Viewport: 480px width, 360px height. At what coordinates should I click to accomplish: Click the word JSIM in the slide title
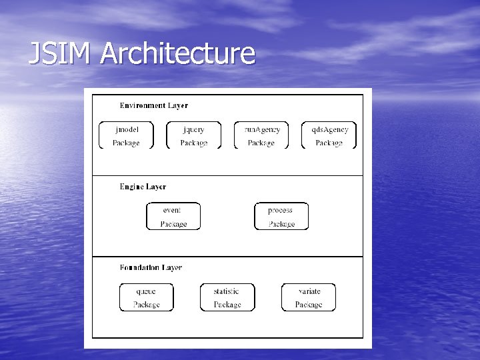click(61, 53)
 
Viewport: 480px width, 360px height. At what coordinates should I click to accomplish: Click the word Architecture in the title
click(178, 53)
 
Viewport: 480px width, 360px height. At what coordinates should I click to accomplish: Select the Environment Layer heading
click(153, 105)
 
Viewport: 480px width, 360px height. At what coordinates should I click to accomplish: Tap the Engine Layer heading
click(143, 187)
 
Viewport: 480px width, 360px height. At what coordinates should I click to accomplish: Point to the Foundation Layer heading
click(151, 268)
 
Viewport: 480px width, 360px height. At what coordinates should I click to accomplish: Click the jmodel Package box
click(126, 135)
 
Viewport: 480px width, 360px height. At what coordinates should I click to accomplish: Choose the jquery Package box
click(193, 135)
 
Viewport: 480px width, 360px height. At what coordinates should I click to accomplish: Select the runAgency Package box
click(261, 135)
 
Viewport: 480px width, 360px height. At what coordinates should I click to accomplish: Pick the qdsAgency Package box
click(329, 135)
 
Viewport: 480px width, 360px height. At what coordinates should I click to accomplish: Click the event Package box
click(173, 217)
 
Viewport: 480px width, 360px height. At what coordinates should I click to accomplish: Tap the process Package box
click(281, 217)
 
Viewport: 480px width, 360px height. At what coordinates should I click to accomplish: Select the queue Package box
click(146, 297)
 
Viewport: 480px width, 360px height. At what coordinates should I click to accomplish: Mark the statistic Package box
click(227, 297)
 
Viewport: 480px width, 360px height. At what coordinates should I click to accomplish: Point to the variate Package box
click(309, 297)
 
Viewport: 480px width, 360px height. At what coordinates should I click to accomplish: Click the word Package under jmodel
click(126, 143)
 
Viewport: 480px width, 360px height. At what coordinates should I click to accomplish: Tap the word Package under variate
click(309, 305)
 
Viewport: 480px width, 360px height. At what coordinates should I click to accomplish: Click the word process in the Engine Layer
click(280, 211)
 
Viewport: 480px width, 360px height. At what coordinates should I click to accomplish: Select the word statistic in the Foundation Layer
click(226, 291)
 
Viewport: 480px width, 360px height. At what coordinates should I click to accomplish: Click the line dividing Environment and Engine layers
click(227, 176)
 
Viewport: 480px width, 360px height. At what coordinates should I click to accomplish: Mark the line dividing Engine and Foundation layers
click(227, 257)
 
